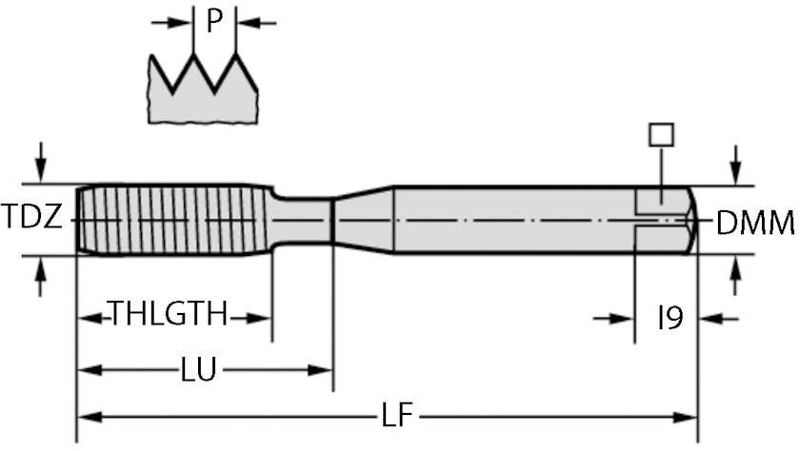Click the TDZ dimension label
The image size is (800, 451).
[31, 219]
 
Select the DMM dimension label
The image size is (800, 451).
[754, 225]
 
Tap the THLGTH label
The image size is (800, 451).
[168, 314]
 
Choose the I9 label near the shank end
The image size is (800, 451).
[671, 319]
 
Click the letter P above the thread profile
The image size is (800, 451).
[214, 21]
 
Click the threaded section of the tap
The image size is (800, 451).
[171, 219]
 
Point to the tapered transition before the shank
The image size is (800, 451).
[362, 219]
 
